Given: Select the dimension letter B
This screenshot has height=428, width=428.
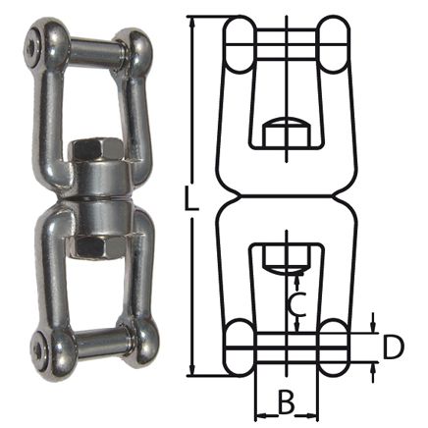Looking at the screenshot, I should click(x=286, y=402).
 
